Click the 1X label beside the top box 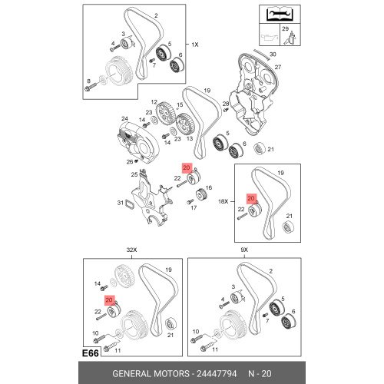(x=195, y=45)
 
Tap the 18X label (x=223, y=201)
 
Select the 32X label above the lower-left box (x=131, y=250)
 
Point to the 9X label (x=244, y=250)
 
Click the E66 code (x=91, y=353)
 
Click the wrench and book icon (x=280, y=15)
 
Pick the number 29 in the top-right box (x=285, y=28)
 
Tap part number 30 (x=273, y=55)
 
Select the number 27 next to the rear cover (x=278, y=67)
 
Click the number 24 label (x=124, y=118)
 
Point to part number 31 (x=121, y=203)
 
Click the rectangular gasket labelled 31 (x=130, y=205)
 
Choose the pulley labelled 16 (x=201, y=196)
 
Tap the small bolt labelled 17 (x=190, y=202)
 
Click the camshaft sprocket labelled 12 (x=165, y=114)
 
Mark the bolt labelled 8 (x=89, y=87)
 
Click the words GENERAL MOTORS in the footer (x=151, y=374)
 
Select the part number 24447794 (x=217, y=374)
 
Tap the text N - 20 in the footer (x=260, y=374)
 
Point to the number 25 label (x=134, y=174)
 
